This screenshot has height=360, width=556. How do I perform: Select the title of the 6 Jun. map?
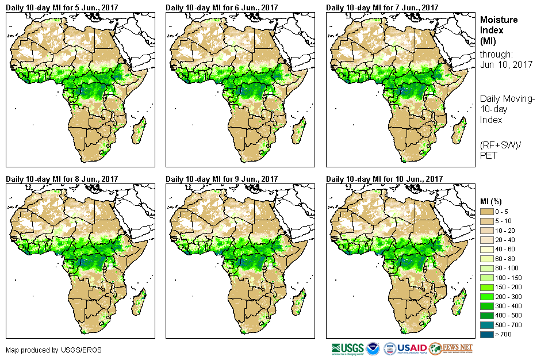point(221,7)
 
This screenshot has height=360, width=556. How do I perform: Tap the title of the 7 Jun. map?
point(382,7)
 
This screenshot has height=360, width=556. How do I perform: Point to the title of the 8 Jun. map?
point(62,179)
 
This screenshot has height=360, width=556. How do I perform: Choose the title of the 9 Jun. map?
point(221,179)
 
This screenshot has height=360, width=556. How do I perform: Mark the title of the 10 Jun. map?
point(384,179)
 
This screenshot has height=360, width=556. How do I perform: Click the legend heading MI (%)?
point(493,201)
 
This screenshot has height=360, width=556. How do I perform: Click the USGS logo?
point(347,348)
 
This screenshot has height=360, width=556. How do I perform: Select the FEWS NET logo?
point(451,348)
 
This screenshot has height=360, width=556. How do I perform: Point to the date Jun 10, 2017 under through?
point(506,64)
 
